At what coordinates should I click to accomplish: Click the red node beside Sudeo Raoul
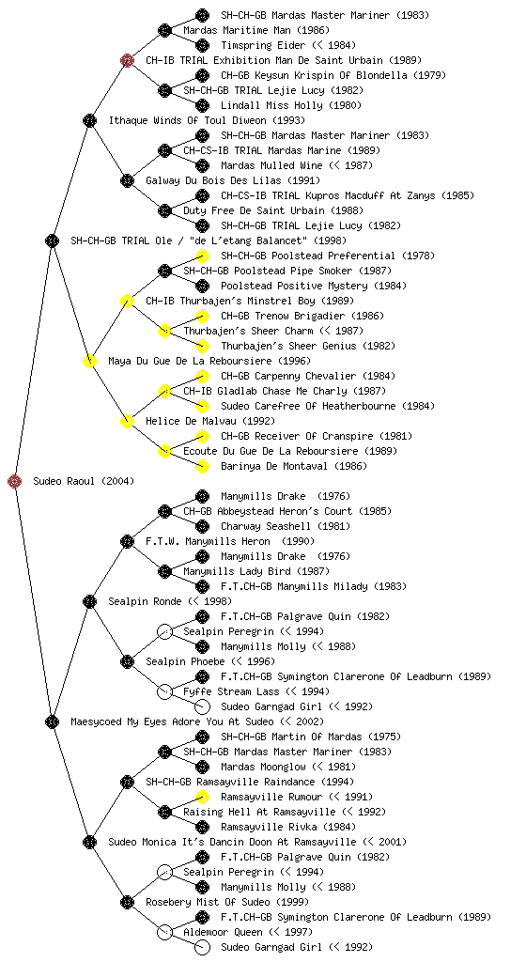click(15, 482)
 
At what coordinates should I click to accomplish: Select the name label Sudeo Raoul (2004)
click(84, 481)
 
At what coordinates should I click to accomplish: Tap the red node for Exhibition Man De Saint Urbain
click(127, 60)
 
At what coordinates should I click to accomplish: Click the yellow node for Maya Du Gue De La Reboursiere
click(89, 361)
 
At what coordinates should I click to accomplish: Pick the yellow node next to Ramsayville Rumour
click(202, 797)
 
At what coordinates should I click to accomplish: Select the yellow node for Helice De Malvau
click(127, 421)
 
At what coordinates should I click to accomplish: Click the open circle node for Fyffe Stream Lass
click(164, 691)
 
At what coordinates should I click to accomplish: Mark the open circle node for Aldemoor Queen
click(164, 932)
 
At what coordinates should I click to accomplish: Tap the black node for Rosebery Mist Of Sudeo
click(127, 902)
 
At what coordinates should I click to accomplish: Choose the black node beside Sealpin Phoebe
click(127, 661)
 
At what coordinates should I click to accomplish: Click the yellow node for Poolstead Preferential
click(202, 256)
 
